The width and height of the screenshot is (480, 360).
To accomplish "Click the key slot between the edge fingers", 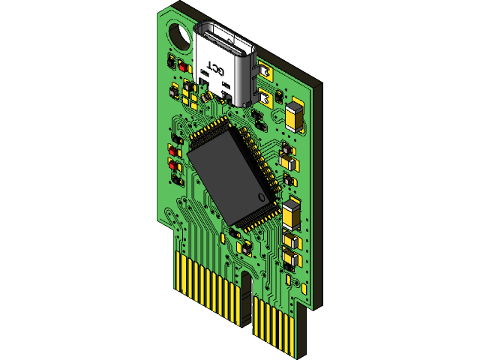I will click(247, 296).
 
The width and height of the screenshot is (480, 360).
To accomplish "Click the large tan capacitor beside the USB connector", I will click(295, 117).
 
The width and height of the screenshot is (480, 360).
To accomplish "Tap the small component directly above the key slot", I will click(241, 247).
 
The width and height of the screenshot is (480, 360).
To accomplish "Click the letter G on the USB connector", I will click(221, 70).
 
